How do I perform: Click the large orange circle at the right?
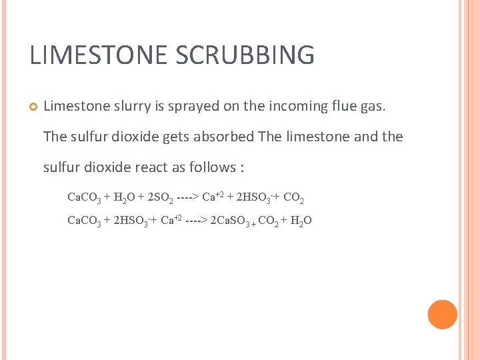pos(442,315)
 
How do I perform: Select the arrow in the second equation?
pos(195,221)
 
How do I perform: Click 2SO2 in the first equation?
pos(159,197)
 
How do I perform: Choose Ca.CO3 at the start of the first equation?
pos(84,197)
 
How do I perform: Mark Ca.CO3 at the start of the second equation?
pos(84,221)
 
